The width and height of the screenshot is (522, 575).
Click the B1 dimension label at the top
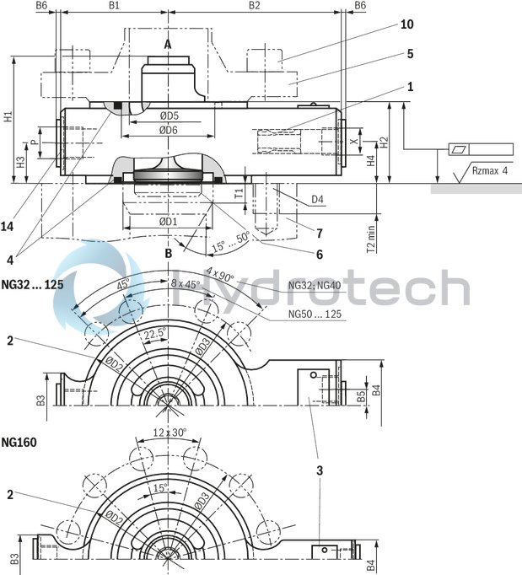tap(116, 6)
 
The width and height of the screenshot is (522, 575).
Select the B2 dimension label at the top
tap(254, 6)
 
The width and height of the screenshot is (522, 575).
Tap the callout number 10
tap(407, 24)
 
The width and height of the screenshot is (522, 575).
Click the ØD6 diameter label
tap(168, 130)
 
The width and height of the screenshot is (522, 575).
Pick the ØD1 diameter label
tap(168, 222)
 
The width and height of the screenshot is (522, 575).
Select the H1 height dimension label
tap(8, 118)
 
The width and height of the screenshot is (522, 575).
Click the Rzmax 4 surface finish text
tap(491, 172)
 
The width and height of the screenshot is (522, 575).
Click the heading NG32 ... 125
tap(33, 284)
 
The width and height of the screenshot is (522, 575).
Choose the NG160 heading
tap(19, 441)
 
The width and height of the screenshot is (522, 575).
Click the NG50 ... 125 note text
tap(315, 314)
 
